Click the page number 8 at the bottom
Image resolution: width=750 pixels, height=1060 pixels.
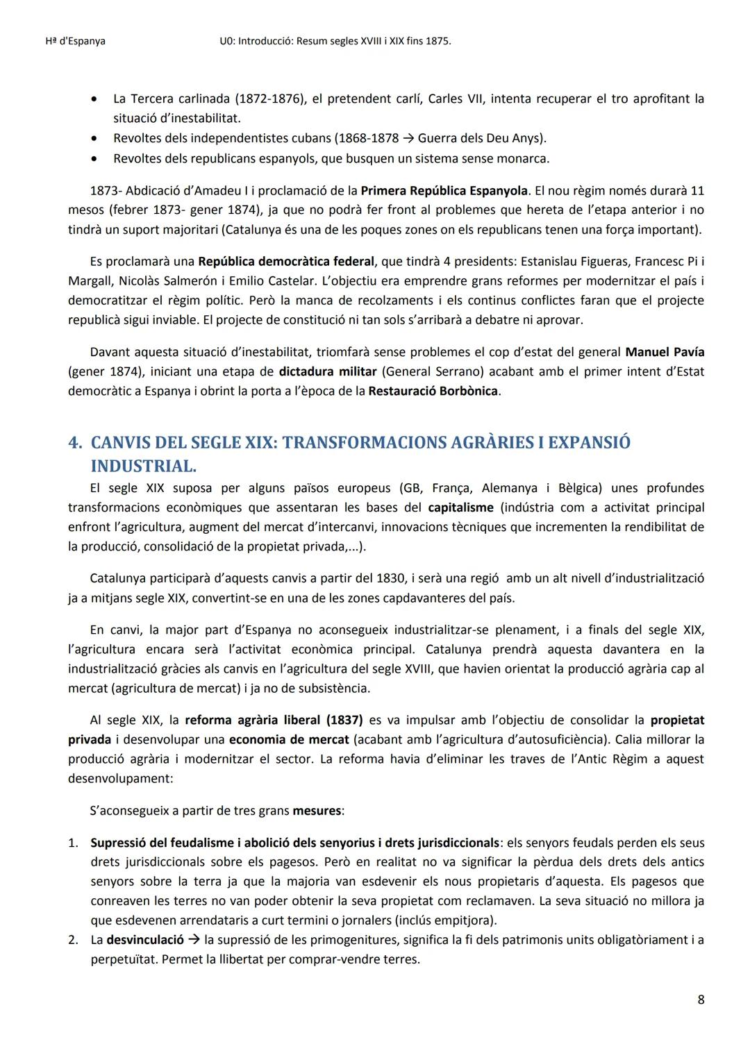700,1000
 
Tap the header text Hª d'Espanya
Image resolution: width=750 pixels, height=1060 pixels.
70,41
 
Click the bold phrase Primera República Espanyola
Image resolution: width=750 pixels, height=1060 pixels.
444,190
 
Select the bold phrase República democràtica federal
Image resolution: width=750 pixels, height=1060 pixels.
286,262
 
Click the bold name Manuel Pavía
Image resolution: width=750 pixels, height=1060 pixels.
665,352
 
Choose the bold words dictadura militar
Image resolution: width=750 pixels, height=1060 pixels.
328,371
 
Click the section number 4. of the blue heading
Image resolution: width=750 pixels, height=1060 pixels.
75,443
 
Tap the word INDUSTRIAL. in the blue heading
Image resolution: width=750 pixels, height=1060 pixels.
143,466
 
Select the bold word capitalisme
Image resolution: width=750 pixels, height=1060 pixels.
461,507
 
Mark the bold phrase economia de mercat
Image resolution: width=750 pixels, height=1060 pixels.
289,739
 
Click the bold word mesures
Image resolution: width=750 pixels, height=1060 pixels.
317,810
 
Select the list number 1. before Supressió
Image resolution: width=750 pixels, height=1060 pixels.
73,843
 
